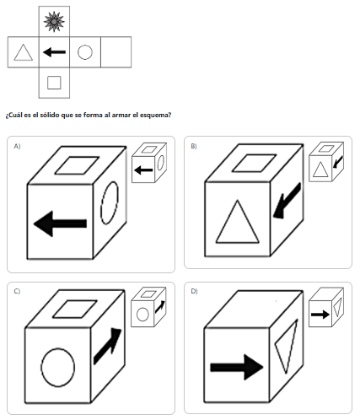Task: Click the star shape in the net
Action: coord(54,21)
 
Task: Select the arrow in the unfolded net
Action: coord(54,52)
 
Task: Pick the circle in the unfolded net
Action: coord(85,52)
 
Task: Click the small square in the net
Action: coord(54,83)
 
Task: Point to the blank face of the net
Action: coord(116,52)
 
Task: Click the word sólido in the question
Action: coord(49,115)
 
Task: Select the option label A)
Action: coord(17,146)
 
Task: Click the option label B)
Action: coord(194,146)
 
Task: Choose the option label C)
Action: coord(17,291)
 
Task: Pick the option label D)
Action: coord(194,291)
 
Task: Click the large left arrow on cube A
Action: coord(60,223)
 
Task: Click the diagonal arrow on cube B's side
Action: coord(287,201)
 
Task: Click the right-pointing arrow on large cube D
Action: coord(237,367)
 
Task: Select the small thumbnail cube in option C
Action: coord(149,307)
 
